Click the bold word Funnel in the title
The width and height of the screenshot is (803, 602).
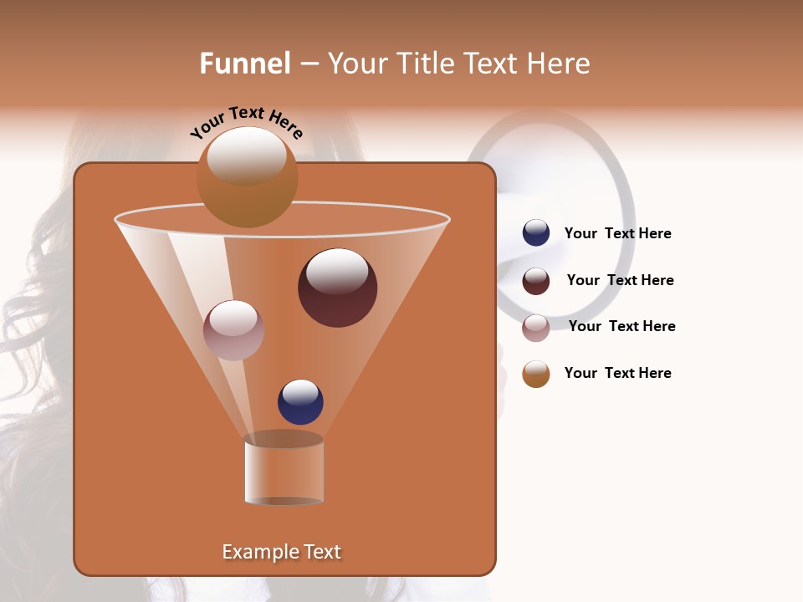pos(244,63)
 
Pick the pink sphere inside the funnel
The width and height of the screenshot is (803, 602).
pos(233,330)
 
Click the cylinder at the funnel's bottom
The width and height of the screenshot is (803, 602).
pos(284,470)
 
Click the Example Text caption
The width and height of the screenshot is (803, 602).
pos(282,552)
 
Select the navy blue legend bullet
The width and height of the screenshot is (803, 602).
pos(536,233)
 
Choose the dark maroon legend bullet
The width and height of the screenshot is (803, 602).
pos(536,280)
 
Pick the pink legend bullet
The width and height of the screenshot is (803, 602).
pos(536,327)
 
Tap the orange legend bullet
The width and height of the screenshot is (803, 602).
pos(536,374)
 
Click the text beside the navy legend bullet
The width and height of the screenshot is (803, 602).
pos(617,233)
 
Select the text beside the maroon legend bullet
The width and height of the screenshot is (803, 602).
pos(620,280)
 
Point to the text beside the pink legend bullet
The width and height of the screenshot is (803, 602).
pos(621,326)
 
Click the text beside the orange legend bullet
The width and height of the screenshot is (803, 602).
pos(617,373)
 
